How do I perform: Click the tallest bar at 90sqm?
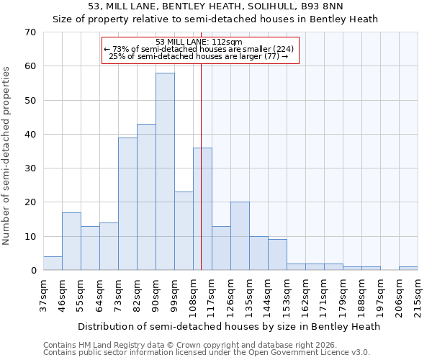[165, 171]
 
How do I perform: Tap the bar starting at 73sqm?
[127, 204]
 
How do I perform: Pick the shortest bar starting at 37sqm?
[53, 264]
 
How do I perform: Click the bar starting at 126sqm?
[240, 236]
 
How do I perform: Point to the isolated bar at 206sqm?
[408, 269]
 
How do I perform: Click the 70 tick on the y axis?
[30, 32]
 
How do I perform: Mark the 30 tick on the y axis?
[30, 168]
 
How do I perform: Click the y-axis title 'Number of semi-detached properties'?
[7, 156]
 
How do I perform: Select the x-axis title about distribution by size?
[228, 326]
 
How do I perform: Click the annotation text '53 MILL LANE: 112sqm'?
[199, 42]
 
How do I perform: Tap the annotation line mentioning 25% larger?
[198, 56]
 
